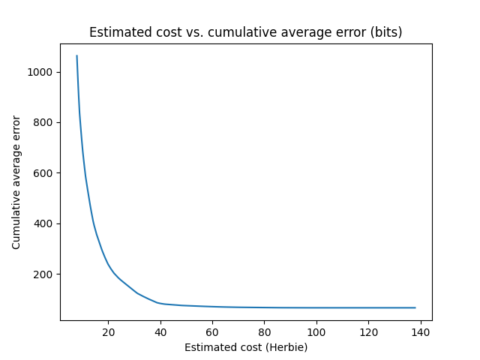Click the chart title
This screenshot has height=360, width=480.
tap(245, 32)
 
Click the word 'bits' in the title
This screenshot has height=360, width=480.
tap(387, 32)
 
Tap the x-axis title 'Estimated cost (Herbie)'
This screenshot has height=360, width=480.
tap(246, 347)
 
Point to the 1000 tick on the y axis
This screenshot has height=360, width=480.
tap(42, 72)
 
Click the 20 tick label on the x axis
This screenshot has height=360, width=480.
tap(108, 331)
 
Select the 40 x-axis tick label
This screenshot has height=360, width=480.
tap(160, 331)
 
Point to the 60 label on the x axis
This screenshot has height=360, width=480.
tap(212, 331)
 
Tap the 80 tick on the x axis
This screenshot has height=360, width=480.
tap(264, 331)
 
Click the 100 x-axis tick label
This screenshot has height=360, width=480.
tap(316, 331)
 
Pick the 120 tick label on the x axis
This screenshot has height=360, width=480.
tap(368, 331)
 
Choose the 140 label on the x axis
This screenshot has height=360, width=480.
tap(420, 331)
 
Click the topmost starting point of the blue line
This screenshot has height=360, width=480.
tap(76, 55)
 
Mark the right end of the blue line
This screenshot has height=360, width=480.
tap(415, 307)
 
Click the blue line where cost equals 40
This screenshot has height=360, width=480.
tap(160, 303)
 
